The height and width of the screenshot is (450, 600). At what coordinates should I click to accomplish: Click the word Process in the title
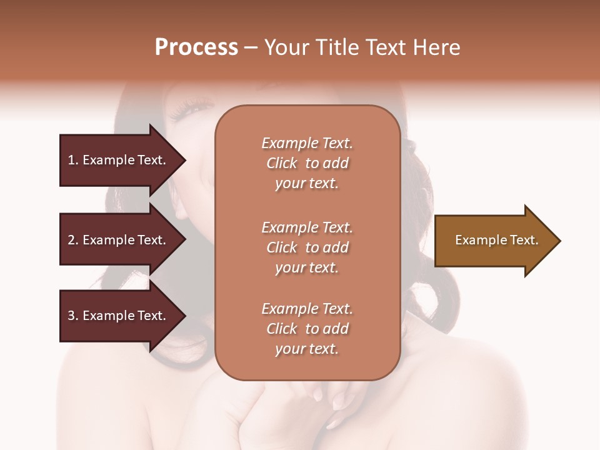[x=196, y=47]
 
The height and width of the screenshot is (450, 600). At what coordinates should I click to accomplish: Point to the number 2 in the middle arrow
[x=72, y=240]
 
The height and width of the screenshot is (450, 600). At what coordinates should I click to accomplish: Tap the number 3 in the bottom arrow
[x=72, y=316]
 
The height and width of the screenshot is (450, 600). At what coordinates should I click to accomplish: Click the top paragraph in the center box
[x=307, y=163]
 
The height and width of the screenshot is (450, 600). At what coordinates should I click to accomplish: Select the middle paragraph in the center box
[x=307, y=247]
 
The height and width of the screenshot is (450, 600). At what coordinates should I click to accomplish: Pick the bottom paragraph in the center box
[x=307, y=329]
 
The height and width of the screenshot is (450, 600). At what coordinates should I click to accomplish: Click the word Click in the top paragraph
[x=282, y=164]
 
